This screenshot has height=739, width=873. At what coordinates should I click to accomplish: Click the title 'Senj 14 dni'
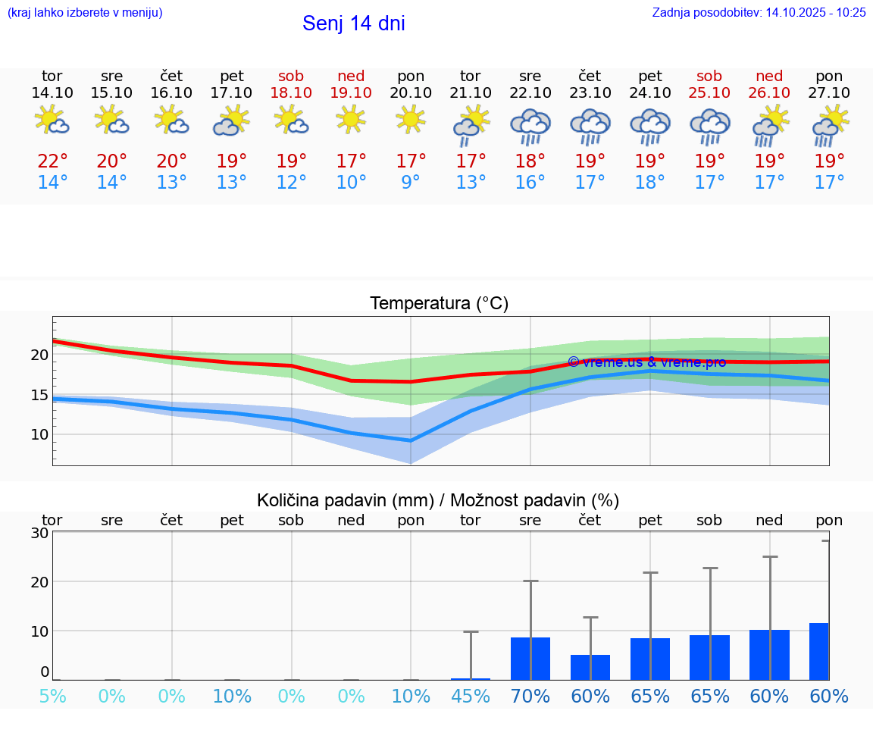point(353,23)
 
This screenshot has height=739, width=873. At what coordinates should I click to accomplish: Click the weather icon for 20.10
point(411,120)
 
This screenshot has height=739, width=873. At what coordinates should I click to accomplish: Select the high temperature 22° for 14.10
point(52,161)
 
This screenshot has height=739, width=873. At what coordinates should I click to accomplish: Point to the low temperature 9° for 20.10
point(411,183)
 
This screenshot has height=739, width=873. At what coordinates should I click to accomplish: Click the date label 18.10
point(291,92)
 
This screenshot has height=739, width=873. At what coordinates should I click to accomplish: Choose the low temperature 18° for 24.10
point(650,183)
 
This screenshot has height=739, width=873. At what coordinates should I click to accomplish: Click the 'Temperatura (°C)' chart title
point(439,304)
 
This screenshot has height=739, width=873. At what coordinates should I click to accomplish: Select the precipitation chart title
point(438,500)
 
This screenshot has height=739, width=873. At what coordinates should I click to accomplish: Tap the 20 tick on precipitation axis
point(39,582)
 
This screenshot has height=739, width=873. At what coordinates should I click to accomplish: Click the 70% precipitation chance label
point(530,697)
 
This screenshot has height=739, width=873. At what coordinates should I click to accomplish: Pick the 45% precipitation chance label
point(471,697)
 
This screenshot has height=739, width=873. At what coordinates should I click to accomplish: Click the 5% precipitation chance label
point(52,697)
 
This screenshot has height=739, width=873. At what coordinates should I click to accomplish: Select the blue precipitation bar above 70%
point(530,659)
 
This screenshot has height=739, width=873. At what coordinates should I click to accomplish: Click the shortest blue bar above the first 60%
point(590,667)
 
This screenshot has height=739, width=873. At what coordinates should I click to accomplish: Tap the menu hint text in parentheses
point(85,12)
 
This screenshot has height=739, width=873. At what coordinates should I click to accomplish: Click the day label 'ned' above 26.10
point(769,77)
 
